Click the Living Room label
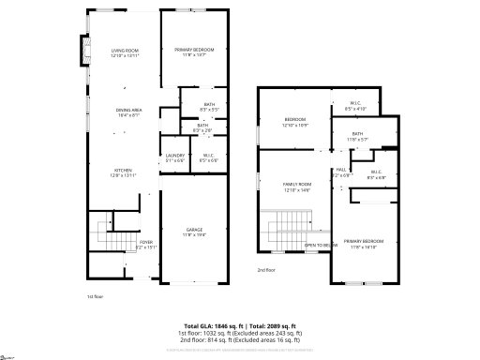pos(125,51)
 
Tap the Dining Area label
pos(128,110)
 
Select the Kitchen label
pos(125,170)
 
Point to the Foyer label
pos(146,242)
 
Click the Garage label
pos(194,230)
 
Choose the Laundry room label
pos(175,156)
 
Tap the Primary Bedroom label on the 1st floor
pos(194,50)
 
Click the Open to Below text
pos(321,245)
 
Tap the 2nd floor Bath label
pos(357,134)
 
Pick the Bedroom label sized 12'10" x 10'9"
pos(295,120)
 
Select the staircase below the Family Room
pos(283,231)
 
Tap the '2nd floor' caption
pos(266,269)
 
